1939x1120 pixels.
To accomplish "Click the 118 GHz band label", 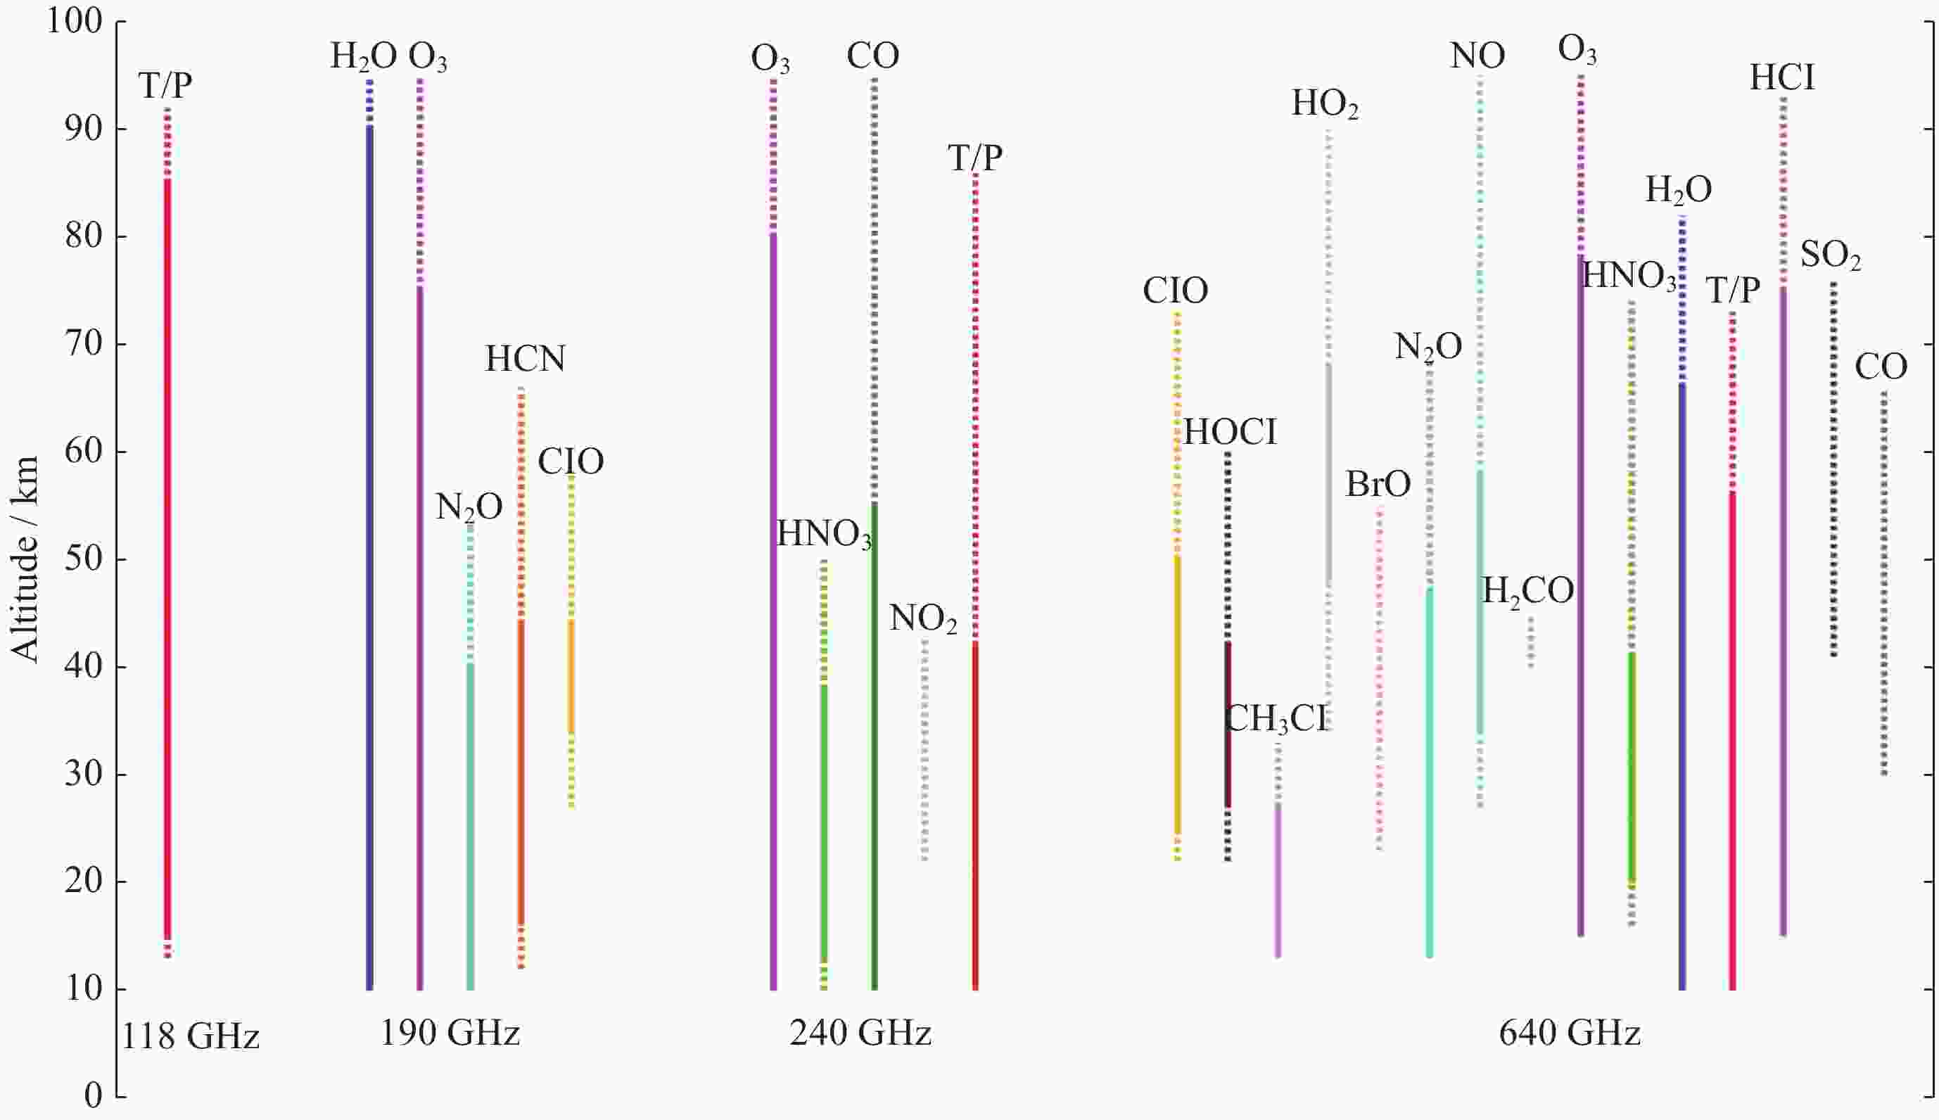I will coord(191,1037).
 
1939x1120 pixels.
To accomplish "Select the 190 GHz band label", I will coord(450,1033).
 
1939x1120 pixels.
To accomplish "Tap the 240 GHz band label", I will coord(860,1033).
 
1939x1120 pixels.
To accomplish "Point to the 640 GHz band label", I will coord(1569,1033).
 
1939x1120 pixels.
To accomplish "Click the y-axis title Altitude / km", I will coord(25,559).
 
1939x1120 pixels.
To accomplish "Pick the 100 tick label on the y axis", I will coord(75,22).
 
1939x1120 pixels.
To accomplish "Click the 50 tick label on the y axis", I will coord(83,559).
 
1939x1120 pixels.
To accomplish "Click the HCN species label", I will coord(526,359).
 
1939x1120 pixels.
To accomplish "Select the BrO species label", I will coord(1378,485).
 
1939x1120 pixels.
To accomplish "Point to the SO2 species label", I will coord(1830,255).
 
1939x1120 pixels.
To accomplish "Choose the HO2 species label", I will coord(1325,104).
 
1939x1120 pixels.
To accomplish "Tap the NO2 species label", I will coord(923,618).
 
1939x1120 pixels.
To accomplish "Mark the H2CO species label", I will coord(1527,592).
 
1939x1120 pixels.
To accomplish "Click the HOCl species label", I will coord(1229,432).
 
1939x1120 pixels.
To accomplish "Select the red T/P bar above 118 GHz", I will coord(167,538).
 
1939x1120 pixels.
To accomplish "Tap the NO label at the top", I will coord(1477,56).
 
